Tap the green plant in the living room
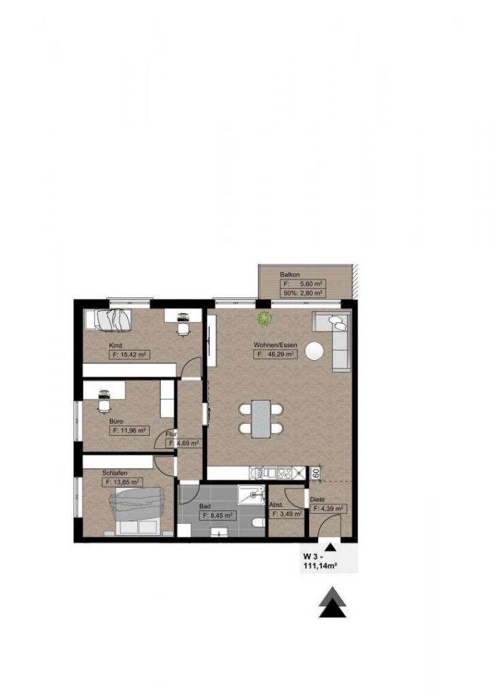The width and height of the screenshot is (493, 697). coord(264,317)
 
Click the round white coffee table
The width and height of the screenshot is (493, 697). coord(315,351)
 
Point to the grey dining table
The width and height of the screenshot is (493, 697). coord(261,418)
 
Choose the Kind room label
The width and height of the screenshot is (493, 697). coord(116,346)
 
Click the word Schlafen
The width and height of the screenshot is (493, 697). coord(115,472)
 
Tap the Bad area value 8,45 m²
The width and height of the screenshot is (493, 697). coord(217,516)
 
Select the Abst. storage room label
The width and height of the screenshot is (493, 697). coord(276,505)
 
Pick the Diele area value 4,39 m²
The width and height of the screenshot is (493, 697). coord(330,508)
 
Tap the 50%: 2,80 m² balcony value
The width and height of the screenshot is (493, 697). coord(302,293)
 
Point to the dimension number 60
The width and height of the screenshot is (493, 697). coord(316,472)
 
